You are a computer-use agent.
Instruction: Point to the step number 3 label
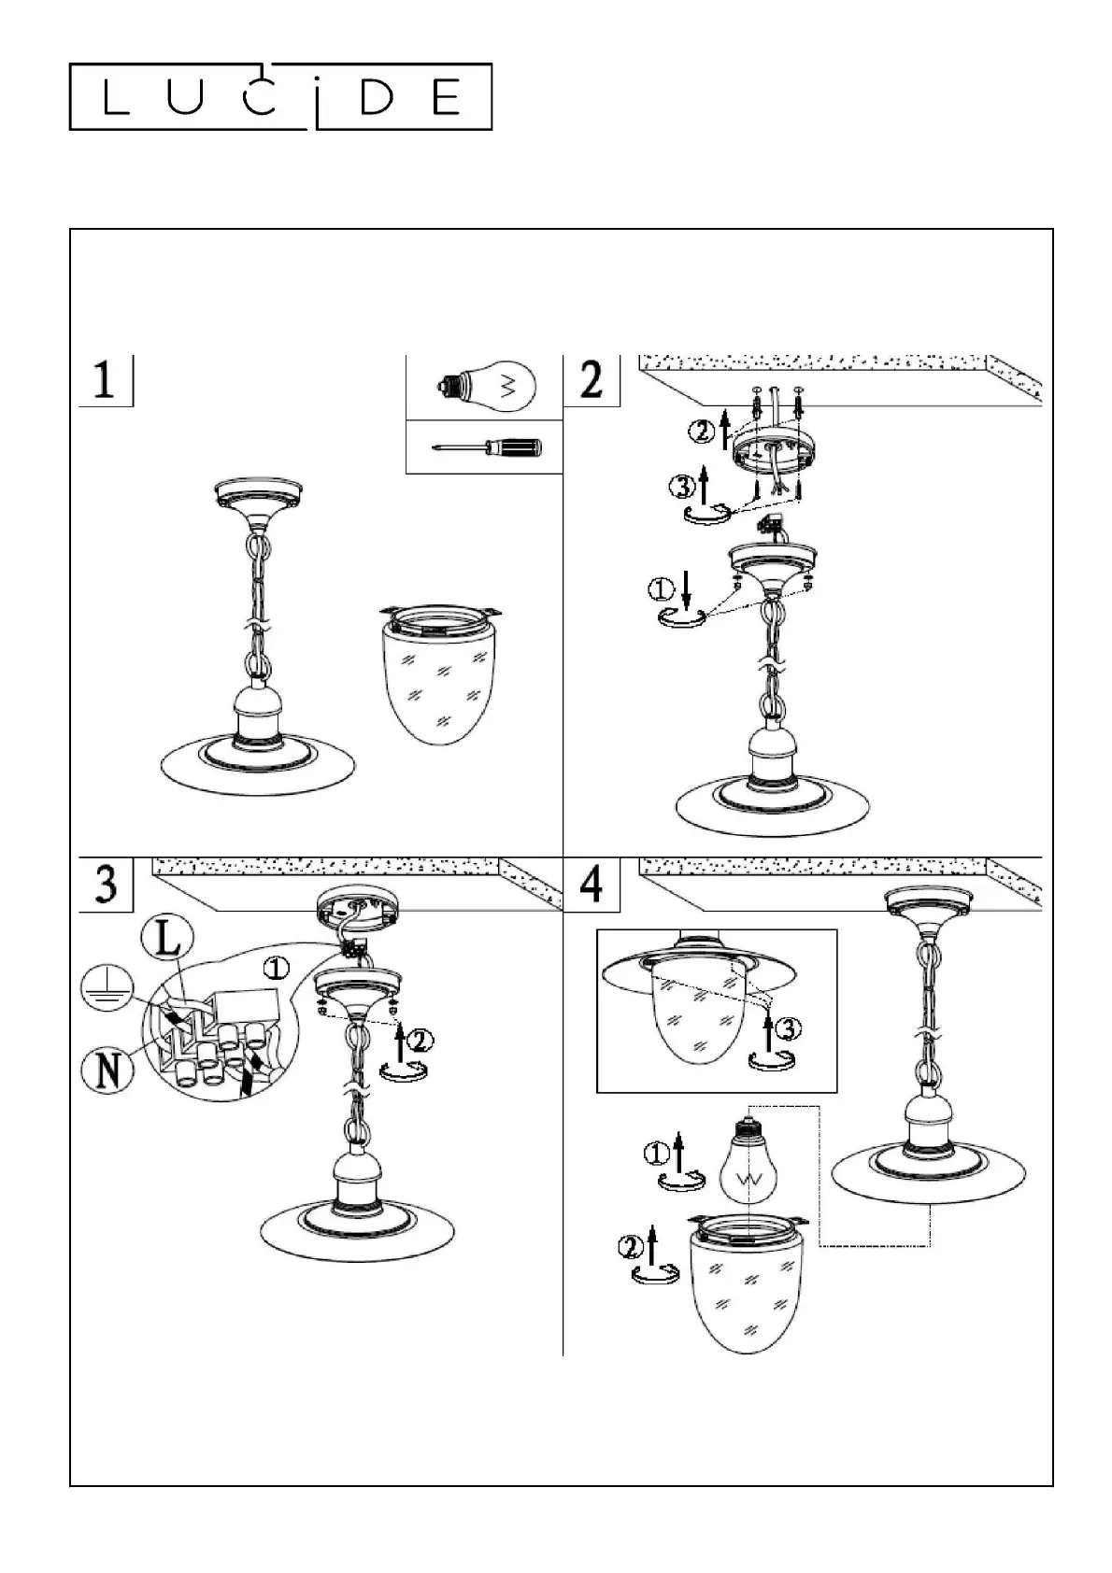tap(106, 883)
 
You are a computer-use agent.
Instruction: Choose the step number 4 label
tap(592, 883)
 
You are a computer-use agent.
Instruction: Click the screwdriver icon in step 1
tap(486, 448)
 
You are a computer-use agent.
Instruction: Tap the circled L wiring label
tap(165, 939)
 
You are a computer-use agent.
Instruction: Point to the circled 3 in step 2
tap(682, 486)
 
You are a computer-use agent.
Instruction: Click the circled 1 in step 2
tap(661, 588)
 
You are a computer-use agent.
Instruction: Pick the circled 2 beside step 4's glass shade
tap(631, 1246)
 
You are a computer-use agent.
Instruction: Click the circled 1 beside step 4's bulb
tap(657, 1155)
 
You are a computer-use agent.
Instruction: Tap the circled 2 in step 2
tap(701, 432)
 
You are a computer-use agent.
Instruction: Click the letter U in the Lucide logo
tap(186, 97)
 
